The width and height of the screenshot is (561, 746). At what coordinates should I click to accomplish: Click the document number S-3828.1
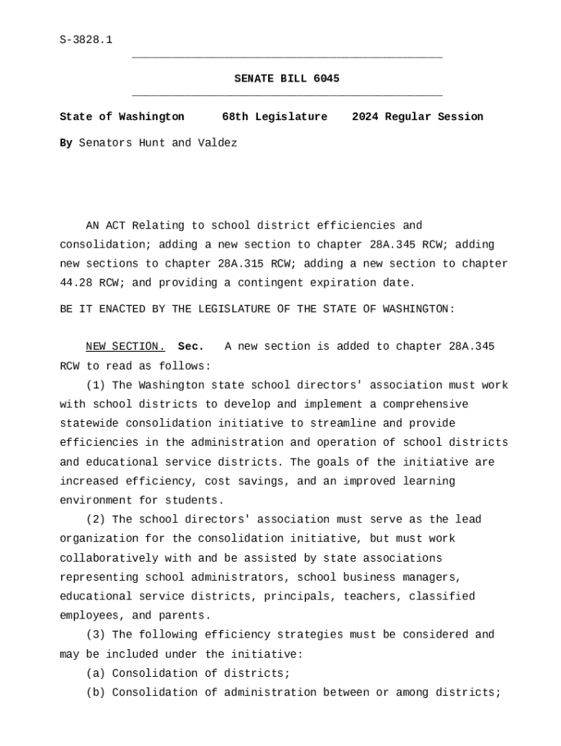pos(86,40)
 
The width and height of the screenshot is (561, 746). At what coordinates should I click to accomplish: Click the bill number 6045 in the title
pos(326,79)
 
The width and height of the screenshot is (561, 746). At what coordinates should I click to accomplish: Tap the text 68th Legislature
pos(275,117)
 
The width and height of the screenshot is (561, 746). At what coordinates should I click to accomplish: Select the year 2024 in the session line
pos(365,117)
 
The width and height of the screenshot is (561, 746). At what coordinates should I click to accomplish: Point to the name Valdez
pos(217,143)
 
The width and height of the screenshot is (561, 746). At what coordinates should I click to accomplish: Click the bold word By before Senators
pos(66,143)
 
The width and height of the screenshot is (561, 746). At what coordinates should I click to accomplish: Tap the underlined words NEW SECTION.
pos(125,347)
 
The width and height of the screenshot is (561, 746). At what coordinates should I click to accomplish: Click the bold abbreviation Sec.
pos(191,347)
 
